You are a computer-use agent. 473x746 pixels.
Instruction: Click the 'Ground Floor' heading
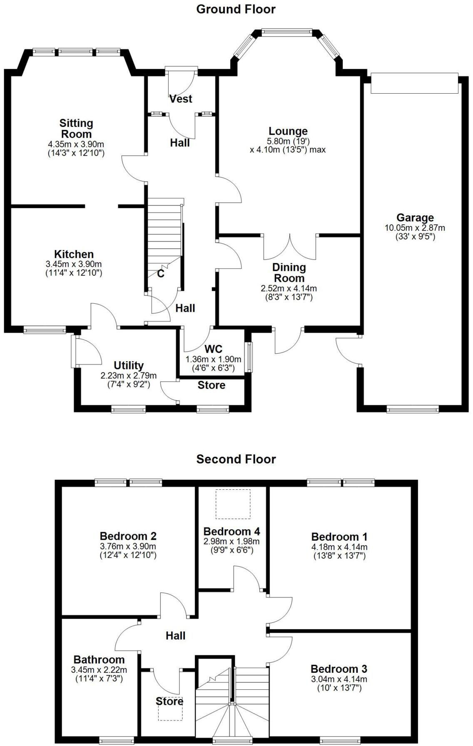point(236,9)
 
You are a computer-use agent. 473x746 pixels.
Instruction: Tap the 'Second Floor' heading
point(236,459)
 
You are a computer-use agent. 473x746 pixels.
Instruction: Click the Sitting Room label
point(76,129)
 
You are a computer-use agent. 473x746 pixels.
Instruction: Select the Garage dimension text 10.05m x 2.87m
point(415,228)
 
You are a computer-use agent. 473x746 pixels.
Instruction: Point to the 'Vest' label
point(181,99)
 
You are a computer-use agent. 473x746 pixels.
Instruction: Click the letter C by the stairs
point(161,274)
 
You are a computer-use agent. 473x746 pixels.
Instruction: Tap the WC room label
point(213,349)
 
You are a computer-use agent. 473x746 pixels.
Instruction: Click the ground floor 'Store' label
point(211,385)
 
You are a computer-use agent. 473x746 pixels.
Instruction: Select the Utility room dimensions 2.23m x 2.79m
point(128,375)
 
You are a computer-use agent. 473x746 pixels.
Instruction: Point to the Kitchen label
point(74,254)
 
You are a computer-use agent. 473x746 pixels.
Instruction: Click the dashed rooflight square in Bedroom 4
point(233,504)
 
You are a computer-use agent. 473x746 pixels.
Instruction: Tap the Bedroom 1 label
point(339,537)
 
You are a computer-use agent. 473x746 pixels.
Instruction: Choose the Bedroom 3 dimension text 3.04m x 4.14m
point(339,679)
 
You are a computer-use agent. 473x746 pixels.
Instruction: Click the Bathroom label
point(99,659)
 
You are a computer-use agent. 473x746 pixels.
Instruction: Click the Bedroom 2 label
point(128,536)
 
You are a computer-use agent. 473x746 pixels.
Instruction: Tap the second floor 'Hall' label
point(175,636)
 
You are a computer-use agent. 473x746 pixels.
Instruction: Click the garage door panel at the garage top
point(414,84)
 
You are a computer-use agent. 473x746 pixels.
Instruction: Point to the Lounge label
point(288,131)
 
